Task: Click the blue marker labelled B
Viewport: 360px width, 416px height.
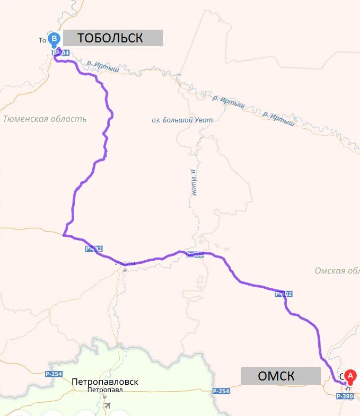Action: pyautogui.click(x=54, y=39)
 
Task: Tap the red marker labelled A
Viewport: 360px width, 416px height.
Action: pyautogui.click(x=350, y=375)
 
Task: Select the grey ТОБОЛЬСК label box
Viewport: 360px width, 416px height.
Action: pyautogui.click(x=113, y=38)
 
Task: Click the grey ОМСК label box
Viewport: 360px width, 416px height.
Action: pyautogui.click(x=280, y=376)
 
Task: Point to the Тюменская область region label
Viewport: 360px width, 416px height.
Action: pyautogui.click(x=45, y=119)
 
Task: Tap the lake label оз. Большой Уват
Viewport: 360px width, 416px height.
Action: pyautogui.click(x=182, y=120)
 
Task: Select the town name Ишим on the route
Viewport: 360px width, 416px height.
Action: pyautogui.click(x=125, y=262)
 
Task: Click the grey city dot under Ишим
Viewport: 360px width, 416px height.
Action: pyautogui.click(x=125, y=270)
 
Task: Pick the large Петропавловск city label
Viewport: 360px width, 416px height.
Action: pyautogui.click(x=105, y=381)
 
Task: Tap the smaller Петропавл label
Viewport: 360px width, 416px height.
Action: pyautogui.click(x=105, y=390)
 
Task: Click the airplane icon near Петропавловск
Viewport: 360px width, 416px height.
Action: pyautogui.click(x=108, y=405)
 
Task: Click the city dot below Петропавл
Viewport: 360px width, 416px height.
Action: pyautogui.click(x=104, y=396)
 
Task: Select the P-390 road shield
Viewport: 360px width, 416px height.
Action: pyautogui.click(x=345, y=396)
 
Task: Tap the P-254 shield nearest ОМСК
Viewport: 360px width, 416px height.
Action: pyautogui.click(x=221, y=391)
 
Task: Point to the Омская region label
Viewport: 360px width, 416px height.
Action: pyautogui.click(x=337, y=271)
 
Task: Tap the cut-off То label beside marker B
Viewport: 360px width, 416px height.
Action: pyautogui.click(x=43, y=40)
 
